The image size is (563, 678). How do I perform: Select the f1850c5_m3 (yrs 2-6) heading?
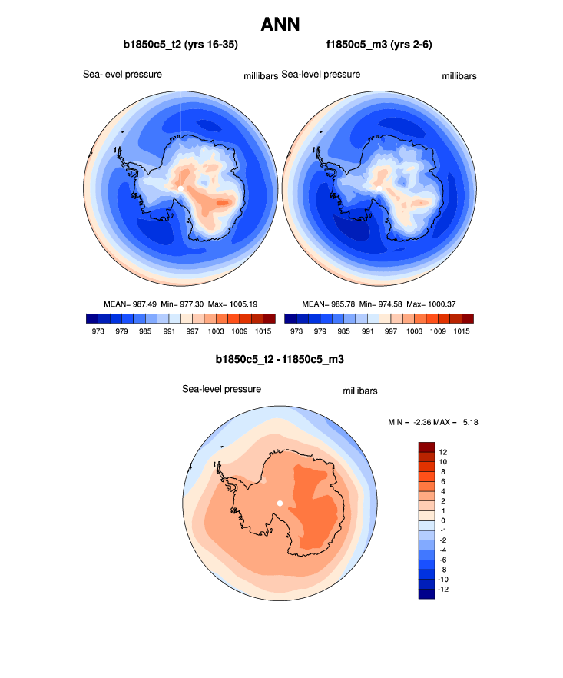[x=379, y=45]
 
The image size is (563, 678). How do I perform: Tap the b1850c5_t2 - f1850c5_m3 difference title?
[x=280, y=358]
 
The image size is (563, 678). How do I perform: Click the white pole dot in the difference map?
[x=280, y=503]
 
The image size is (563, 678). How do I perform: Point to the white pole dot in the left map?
[x=181, y=188]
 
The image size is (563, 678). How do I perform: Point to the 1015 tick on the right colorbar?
[x=462, y=331]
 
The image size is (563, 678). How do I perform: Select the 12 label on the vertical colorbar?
[x=443, y=451]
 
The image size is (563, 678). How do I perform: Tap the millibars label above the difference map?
[x=359, y=391]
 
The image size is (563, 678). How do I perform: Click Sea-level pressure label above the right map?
[x=321, y=75]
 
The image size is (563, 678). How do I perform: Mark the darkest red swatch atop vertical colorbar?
[x=427, y=447]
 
